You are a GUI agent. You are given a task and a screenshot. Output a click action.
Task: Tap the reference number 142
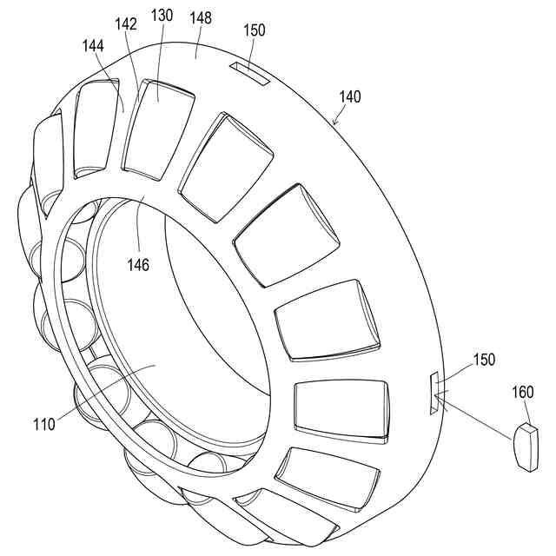(126, 25)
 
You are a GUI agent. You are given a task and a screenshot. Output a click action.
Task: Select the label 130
(162, 17)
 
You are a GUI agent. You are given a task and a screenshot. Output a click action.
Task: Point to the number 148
(200, 17)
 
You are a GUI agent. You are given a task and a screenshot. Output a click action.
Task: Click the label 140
(350, 97)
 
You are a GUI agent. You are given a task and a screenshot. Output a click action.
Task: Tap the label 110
(43, 425)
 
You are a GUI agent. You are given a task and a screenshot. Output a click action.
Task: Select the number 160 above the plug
(523, 393)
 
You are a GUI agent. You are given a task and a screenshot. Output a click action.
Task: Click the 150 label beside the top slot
(255, 30)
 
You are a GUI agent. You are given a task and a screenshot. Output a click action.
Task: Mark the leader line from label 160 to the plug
(525, 412)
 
